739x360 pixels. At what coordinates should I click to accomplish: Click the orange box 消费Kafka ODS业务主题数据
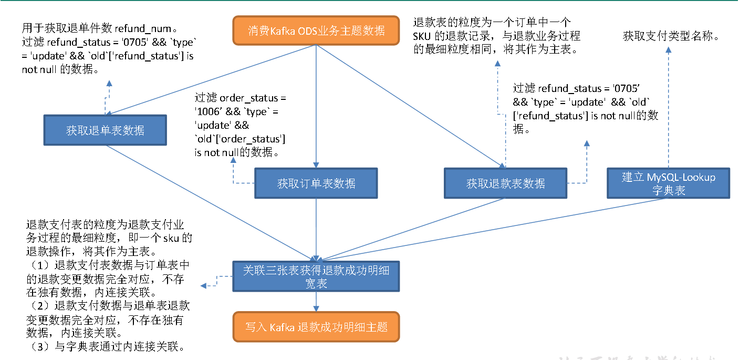click(316, 30)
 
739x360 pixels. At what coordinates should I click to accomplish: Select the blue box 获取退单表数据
click(105, 130)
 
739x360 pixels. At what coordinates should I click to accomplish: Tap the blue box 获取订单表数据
click(316, 183)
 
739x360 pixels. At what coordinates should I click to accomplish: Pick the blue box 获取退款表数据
click(505, 183)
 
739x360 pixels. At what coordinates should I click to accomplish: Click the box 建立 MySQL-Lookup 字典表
click(669, 183)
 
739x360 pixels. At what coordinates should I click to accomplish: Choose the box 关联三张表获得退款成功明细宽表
click(316, 276)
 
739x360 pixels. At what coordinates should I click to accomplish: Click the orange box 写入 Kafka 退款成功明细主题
click(316, 327)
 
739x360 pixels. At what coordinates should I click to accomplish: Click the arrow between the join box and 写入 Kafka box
click(316, 302)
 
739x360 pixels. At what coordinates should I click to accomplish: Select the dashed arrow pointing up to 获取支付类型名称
click(669, 105)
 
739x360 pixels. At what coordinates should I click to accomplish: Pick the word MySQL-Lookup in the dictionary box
click(681, 177)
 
